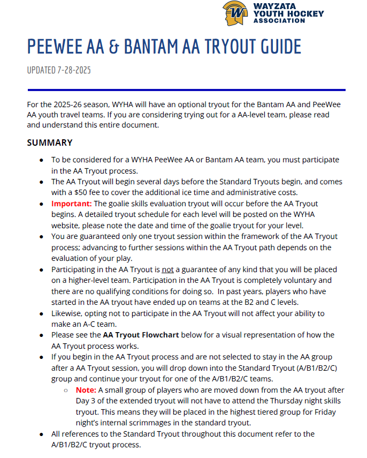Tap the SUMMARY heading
50,143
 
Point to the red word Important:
72,204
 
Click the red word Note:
86,390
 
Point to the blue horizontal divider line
186,89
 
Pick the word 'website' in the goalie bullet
65,226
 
